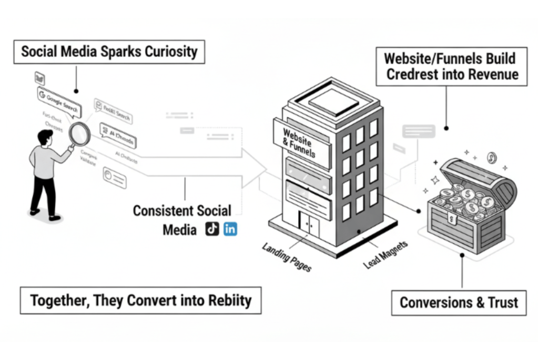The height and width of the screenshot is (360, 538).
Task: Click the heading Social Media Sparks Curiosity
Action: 109,52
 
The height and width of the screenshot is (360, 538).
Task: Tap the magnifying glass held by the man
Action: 79,134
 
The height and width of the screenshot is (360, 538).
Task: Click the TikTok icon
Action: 212,229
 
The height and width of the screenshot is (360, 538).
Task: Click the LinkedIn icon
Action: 230,229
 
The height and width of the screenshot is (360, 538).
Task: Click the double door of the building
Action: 309,225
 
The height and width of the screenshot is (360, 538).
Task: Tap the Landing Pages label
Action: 287,256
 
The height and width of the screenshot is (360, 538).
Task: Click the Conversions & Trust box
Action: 459,303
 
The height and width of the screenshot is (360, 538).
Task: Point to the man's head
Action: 45,138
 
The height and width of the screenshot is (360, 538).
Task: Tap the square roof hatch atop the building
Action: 333,101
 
